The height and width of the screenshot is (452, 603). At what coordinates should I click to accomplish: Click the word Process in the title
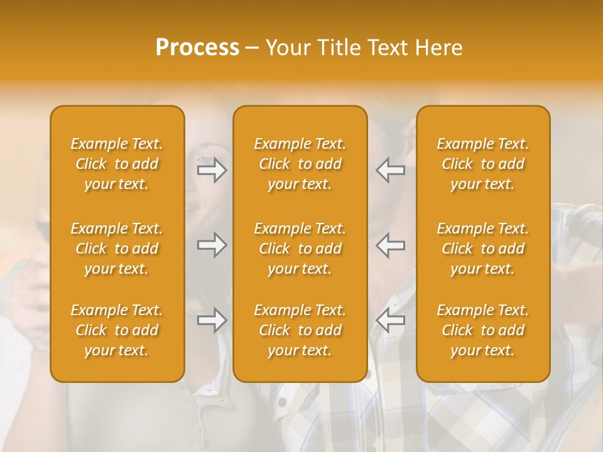(x=197, y=48)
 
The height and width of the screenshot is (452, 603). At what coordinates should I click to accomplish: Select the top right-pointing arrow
(x=212, y=170)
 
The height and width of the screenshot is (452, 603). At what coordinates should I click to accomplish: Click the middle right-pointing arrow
(x=212, y=245)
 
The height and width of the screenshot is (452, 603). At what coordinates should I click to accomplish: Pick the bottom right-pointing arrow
(x=212, y=320)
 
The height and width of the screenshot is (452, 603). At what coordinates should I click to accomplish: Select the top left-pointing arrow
(x=390, y=170)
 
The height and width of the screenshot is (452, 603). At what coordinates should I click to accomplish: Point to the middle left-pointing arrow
(x=390, y=245)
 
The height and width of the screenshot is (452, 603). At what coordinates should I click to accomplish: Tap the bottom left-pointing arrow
(x=390, y=320)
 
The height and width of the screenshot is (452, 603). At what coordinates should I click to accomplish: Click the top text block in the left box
(x=117, y=164)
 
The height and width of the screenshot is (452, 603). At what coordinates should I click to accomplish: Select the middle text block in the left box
(x=117, y=249)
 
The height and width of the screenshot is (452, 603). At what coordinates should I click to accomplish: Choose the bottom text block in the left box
(x=117, y=330)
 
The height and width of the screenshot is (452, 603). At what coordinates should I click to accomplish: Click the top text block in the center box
(x=300, y=164)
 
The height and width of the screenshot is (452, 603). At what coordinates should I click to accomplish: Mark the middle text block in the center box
(x=300, y=249)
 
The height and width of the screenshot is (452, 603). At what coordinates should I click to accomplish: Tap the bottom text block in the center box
(x=300, y=330)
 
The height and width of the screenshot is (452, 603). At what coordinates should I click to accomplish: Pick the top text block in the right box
(x=483, y=164)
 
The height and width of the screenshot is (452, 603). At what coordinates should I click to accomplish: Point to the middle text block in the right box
(x=483, y=249)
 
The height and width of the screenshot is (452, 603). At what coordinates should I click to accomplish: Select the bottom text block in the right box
(x=483, y=330)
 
